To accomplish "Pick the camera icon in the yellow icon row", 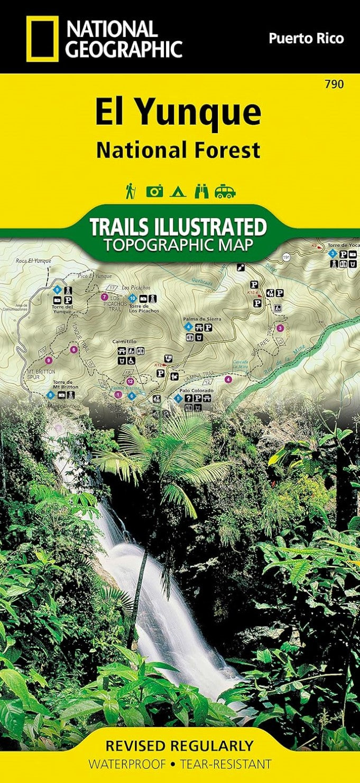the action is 154,191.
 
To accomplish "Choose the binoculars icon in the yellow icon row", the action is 201,191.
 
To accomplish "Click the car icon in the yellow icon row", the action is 225,191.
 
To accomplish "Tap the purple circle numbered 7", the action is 104,296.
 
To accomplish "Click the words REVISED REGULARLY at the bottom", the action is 180,745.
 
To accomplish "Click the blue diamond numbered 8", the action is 51,395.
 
